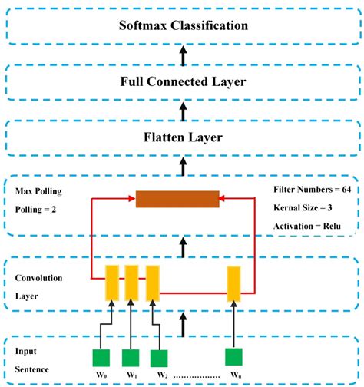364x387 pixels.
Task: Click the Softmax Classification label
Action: (x=183, y=25)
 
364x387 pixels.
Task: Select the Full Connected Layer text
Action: (x=183, y=81)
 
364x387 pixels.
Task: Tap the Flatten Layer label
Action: (x=183, y=137)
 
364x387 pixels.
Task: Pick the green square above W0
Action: (x=101, y=357)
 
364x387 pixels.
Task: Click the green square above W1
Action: (x=130, y=357)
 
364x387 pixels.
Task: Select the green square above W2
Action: (x=159, y=357)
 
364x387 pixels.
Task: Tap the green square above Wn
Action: (x=235, y=356)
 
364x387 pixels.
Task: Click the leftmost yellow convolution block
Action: (x=111, y=282)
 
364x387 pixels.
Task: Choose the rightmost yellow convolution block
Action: (x=234, y=282)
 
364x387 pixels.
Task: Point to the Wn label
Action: (x=235, y=375)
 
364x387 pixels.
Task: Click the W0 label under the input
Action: (x=101, y=375)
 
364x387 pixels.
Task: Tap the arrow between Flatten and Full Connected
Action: (x=183, y=110)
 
